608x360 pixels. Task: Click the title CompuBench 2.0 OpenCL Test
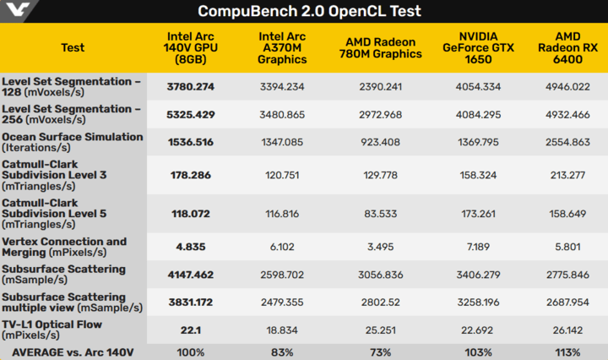point(309,11)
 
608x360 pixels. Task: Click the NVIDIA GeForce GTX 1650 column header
point(474,47)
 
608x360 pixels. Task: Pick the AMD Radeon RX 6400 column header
point(567,47)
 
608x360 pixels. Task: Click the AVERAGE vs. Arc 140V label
point(73,352)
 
